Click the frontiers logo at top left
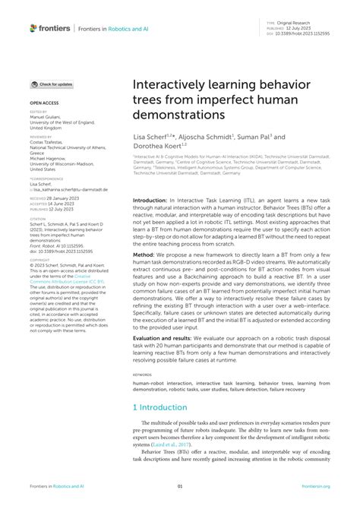click(50, 27)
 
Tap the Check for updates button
click(52, 84)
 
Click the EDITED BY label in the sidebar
click(38, 112)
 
